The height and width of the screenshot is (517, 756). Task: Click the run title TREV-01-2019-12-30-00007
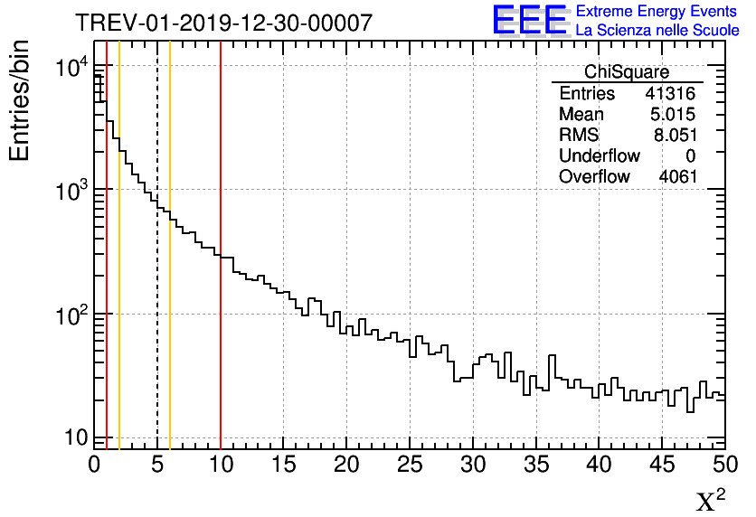click(223, 23)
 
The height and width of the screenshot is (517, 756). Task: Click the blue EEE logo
click(529, 21)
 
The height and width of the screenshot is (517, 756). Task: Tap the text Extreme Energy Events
click(657, 12)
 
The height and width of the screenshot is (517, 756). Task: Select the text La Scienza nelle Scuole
click(657, 31)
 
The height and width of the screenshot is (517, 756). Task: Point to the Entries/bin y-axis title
click(20, 101)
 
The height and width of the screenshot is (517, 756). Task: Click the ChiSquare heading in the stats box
click(627, 72)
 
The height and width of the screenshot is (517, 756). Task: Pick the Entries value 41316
click(671, 94)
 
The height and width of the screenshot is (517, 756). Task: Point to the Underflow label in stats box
click(599, 156)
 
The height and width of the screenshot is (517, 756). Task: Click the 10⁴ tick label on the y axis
click(71, 68)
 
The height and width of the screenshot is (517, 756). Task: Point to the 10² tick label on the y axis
click(71, 315)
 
